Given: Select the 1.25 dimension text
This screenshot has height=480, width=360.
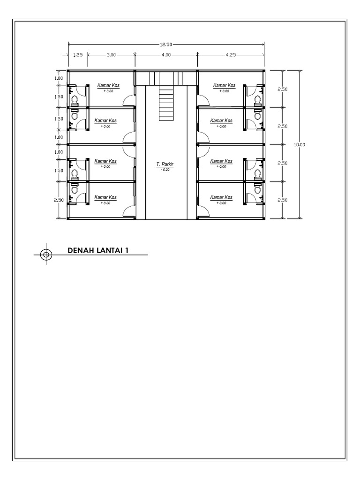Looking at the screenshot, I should pyautogui.click(x=78, y=54).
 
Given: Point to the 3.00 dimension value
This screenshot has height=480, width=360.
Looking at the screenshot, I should pyautogui.click(x=111, y=54).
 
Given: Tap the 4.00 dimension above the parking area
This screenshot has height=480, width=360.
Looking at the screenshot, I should pyautogui.click(x=166, y=54).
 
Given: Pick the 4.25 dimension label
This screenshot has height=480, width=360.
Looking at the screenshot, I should pyautogui.click(x=230, y=54).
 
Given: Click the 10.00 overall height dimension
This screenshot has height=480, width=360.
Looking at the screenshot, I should pyautogui.click(x=299, y=144).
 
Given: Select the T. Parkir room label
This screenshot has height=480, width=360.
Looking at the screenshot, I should pyautogui.click(x=165, y=165).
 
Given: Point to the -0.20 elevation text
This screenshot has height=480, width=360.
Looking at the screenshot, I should pyautogui.click(x=165, y=170).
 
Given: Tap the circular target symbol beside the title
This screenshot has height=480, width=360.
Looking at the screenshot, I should pyautogui.click(x=46, y=254).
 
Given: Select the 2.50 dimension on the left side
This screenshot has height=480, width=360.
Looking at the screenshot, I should pyautogui.click(x=59, y=200).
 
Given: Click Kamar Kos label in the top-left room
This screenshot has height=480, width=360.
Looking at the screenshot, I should pyautogui.click(x=108, y=85).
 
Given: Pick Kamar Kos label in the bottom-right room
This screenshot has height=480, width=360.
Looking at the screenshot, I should pyautogui.click(x=221, y=197).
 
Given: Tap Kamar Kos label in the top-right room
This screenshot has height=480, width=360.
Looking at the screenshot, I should pyautogui.click(x=224, y=85).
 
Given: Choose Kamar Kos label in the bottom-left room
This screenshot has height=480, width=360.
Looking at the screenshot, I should pyautogui.click(x=105, y=197).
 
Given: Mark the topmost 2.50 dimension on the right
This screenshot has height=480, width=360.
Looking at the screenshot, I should pyautogui.click(x=283, y=89).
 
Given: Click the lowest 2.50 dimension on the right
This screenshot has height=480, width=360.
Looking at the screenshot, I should pyautogui.click(x=283, y=200).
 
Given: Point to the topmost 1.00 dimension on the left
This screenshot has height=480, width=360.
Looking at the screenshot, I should pyautogui.click(x=59, y=78).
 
